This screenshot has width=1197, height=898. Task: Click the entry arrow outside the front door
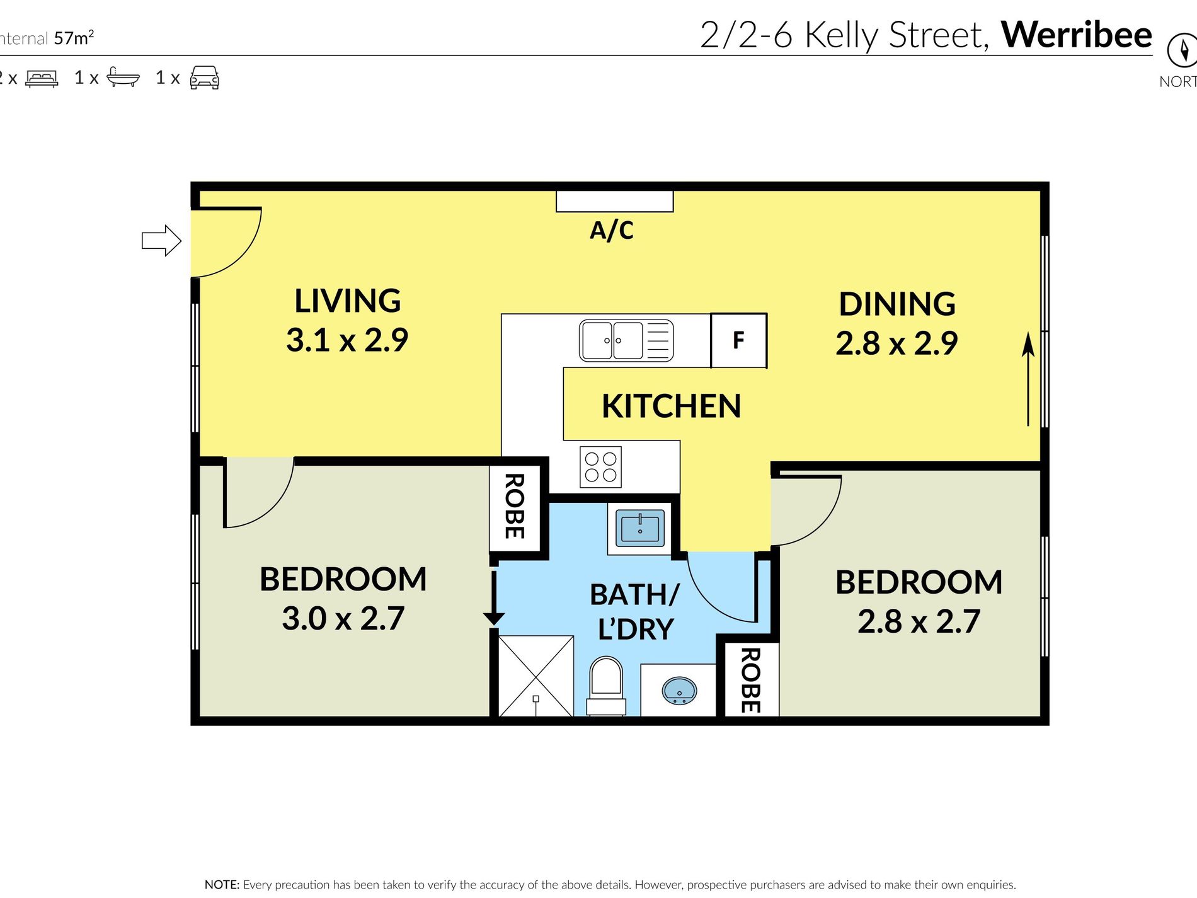161,241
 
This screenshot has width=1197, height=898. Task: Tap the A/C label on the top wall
611,231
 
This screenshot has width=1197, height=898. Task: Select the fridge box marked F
738,341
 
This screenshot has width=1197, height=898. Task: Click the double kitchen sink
626,341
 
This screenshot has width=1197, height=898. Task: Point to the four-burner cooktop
600,467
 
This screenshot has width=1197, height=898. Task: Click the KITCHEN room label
671,406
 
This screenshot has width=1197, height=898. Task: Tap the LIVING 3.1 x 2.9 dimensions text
347,340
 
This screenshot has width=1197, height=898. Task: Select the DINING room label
897,304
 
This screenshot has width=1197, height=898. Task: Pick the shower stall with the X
535,676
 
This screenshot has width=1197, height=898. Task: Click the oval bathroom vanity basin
679,691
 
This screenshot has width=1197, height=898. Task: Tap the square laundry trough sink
639,527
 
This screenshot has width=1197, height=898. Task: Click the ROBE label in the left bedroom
515,506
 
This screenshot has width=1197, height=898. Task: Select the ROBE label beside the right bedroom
750,680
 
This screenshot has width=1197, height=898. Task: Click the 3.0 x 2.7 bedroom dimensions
343,618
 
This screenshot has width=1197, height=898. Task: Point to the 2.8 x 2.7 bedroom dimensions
919,622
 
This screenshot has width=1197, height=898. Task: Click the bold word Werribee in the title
1076,35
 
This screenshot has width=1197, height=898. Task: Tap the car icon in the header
205,78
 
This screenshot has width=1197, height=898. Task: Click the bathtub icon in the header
123,77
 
